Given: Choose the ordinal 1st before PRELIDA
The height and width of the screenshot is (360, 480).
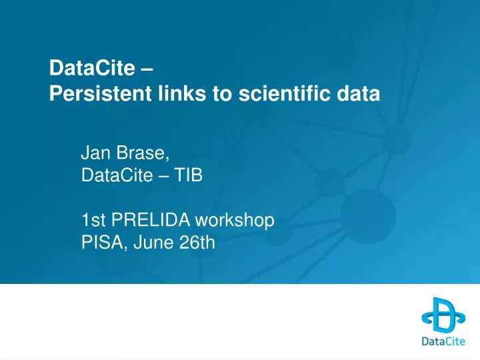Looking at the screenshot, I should click(92, 221).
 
